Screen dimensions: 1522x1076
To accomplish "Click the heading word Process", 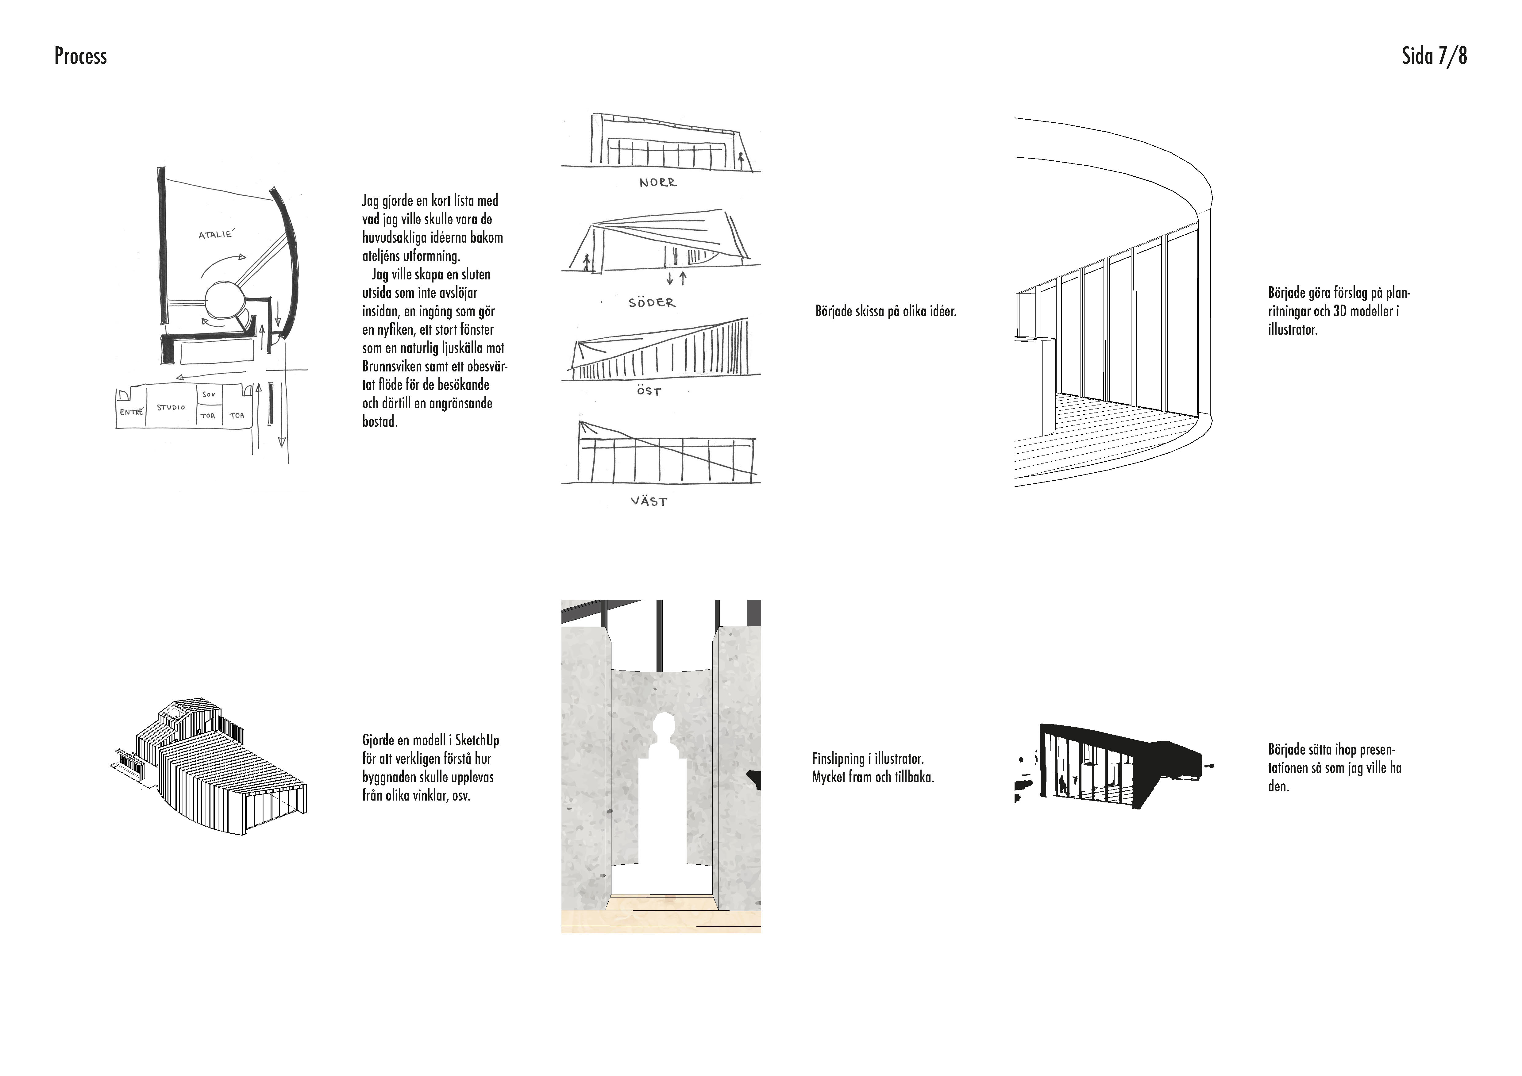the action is click(80, 56).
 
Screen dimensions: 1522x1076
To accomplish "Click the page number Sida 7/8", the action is click(1434, 56).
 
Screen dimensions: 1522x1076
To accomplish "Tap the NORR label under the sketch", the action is click(657, 182).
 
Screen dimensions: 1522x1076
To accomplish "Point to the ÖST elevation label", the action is click(649, 392).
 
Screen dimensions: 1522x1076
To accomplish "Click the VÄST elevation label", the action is click(649, 501).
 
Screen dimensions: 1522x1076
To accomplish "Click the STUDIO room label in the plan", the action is click(171, 407).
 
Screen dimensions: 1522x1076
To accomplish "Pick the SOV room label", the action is click(209, 394).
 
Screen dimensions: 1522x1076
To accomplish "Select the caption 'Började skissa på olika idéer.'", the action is click(886, 311).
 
